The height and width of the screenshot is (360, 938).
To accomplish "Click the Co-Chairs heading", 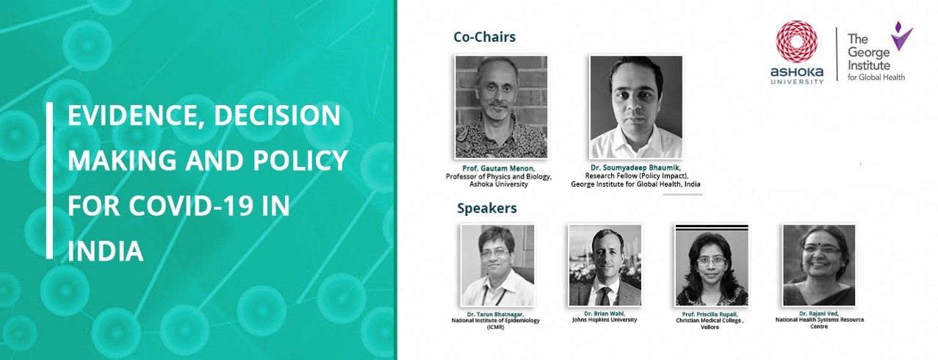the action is click(485, 37).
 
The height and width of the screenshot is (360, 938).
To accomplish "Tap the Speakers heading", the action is click(487, 208).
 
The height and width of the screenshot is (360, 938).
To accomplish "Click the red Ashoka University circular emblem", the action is click(796, 44).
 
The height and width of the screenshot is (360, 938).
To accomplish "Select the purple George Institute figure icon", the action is click(901, 37).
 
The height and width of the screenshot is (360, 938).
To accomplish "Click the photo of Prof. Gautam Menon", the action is click(501, 107).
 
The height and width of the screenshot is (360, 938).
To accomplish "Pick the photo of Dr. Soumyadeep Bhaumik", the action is click(636, 107).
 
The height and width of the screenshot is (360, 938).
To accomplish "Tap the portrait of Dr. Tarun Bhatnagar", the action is click(497, 265).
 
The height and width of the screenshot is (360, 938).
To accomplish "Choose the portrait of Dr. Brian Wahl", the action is click(605, 265).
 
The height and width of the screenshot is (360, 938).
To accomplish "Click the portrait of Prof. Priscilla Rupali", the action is click(712, 265).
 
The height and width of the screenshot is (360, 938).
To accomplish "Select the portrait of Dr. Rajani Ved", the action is click(819, 265).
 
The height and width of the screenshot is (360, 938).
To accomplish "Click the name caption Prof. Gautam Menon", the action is click(498, 168).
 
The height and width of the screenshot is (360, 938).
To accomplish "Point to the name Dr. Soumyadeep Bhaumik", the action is click(635, 168).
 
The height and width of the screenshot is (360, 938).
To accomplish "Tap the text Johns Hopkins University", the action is click(605, 320).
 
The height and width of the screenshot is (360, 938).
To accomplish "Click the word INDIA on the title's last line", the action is click(106, 251).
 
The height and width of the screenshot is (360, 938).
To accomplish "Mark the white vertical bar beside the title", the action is click(49, 181).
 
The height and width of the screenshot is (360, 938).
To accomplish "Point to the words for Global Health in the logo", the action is click(876, 77).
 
